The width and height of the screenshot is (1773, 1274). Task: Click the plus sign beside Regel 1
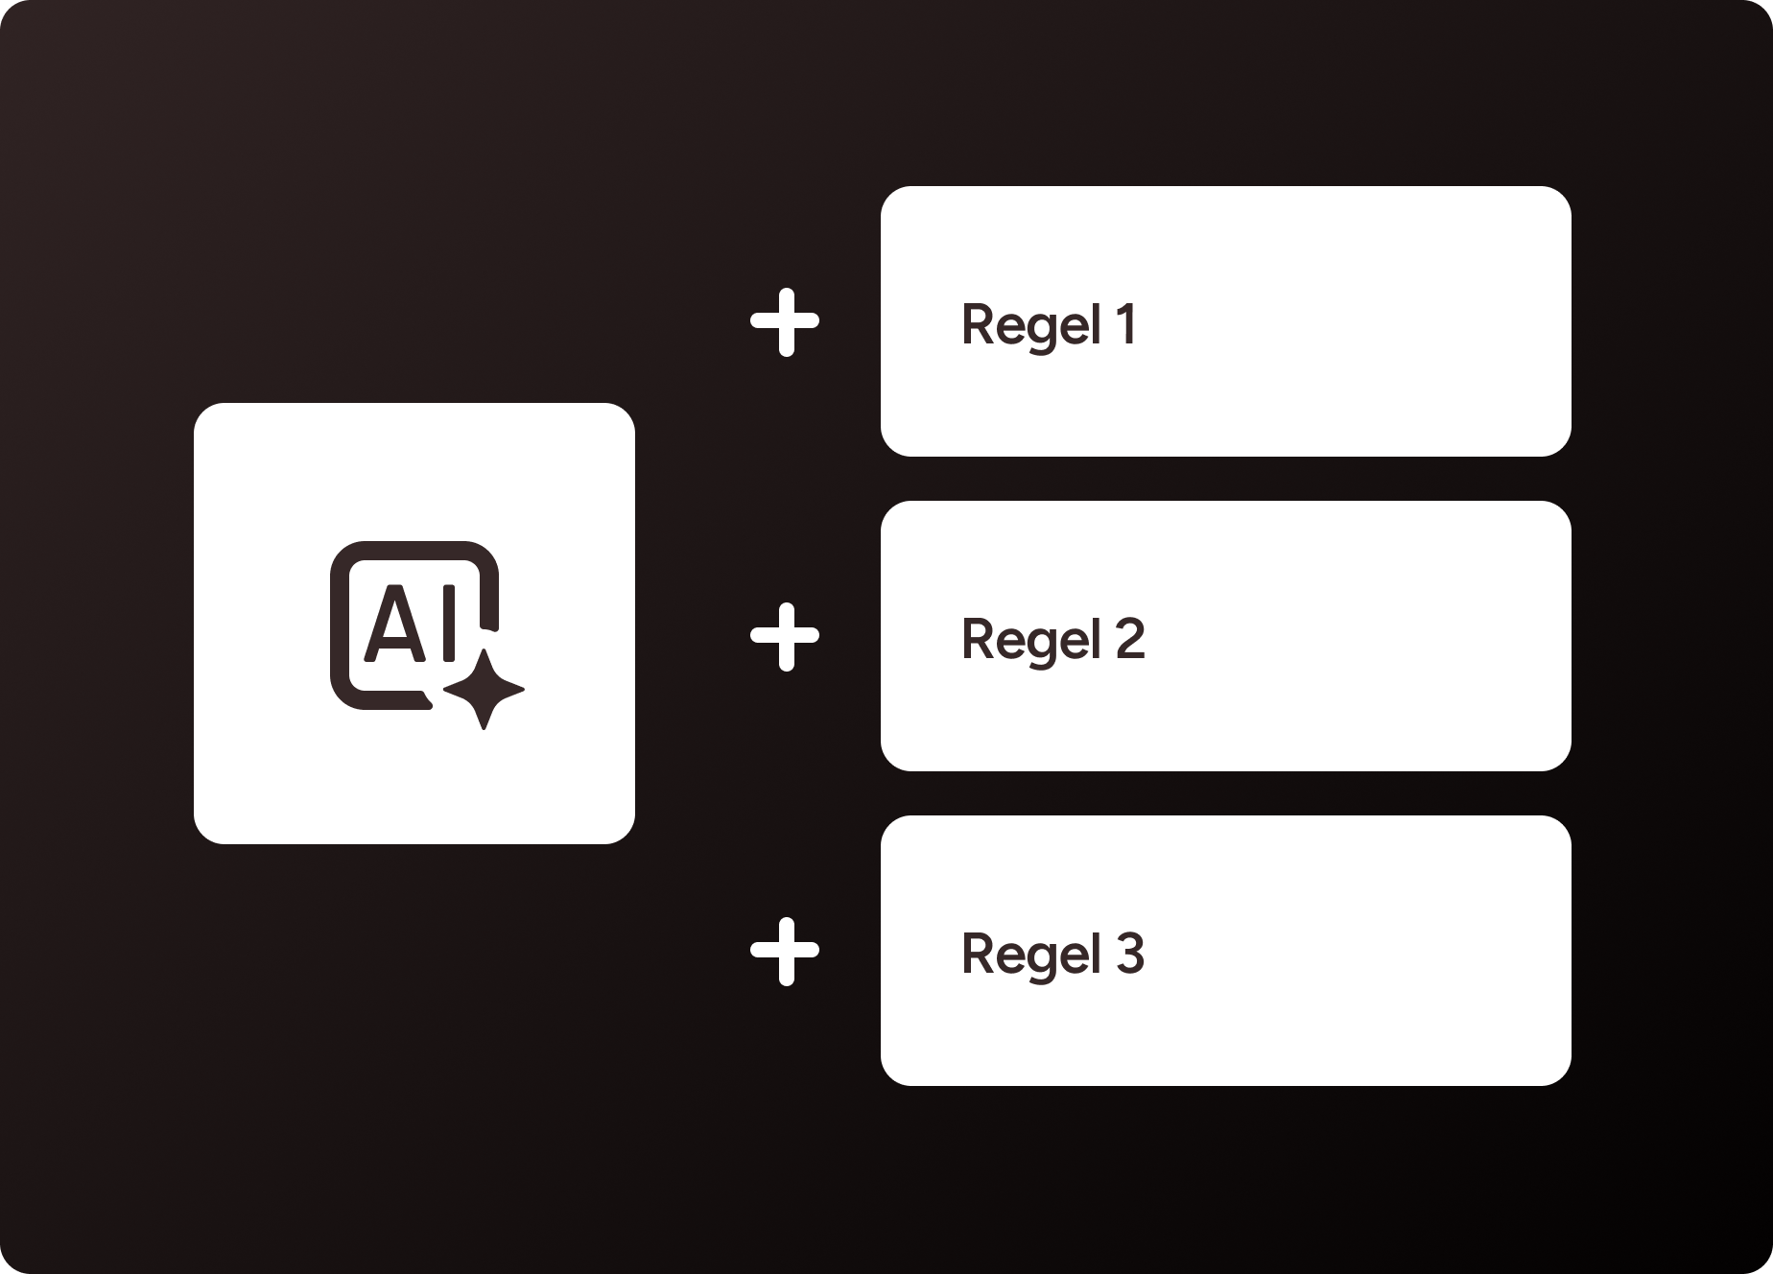(x=785, y=322)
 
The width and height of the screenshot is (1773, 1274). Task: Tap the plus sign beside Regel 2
(x=785, y=637)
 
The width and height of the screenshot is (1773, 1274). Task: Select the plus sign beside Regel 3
(x=785, y=952)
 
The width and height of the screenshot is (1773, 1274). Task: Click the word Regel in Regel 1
(x=1030, y=324)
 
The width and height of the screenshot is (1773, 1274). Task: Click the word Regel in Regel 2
(x=1030, y=639)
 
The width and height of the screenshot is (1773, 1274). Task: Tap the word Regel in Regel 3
(x=1030, y=954)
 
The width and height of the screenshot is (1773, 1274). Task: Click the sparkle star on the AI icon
(x=485, y=689)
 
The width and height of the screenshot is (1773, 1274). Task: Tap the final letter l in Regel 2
(x=1096, y=639)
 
